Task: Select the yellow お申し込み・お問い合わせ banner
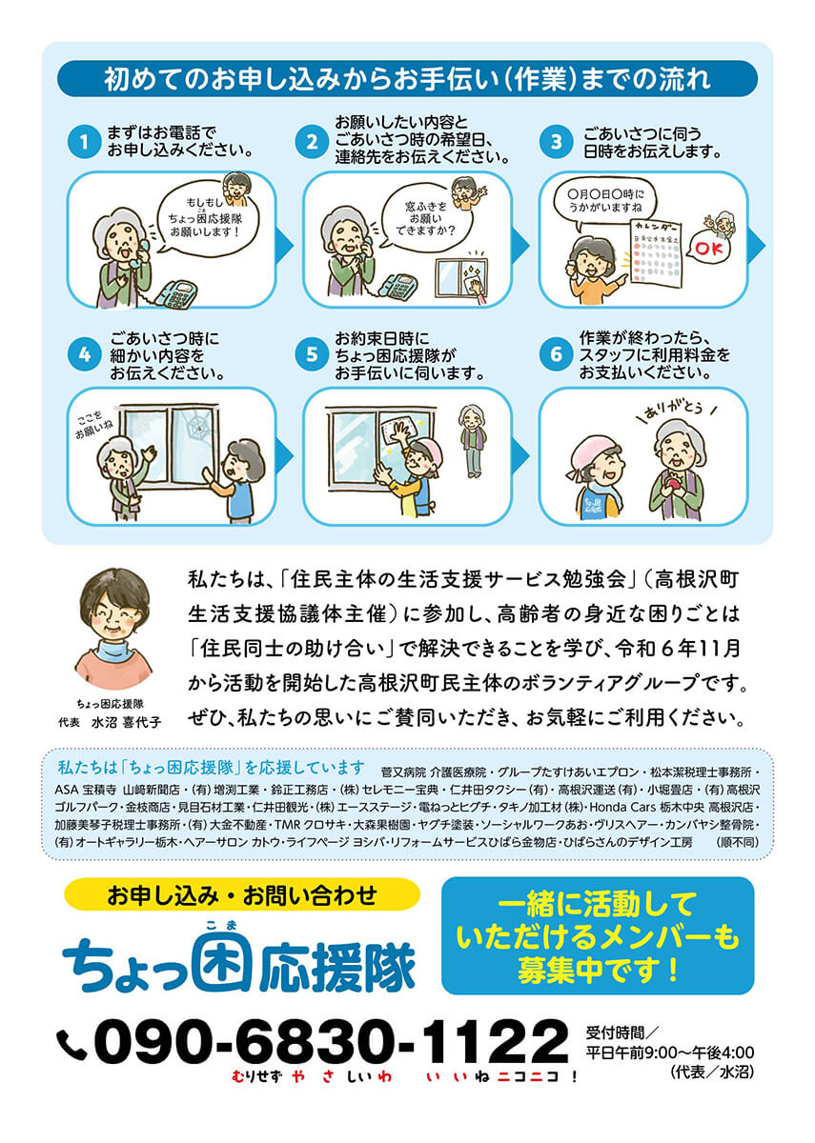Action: point(242,895)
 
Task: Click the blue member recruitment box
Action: point(598,935)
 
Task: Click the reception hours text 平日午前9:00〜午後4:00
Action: point(668,1053)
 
